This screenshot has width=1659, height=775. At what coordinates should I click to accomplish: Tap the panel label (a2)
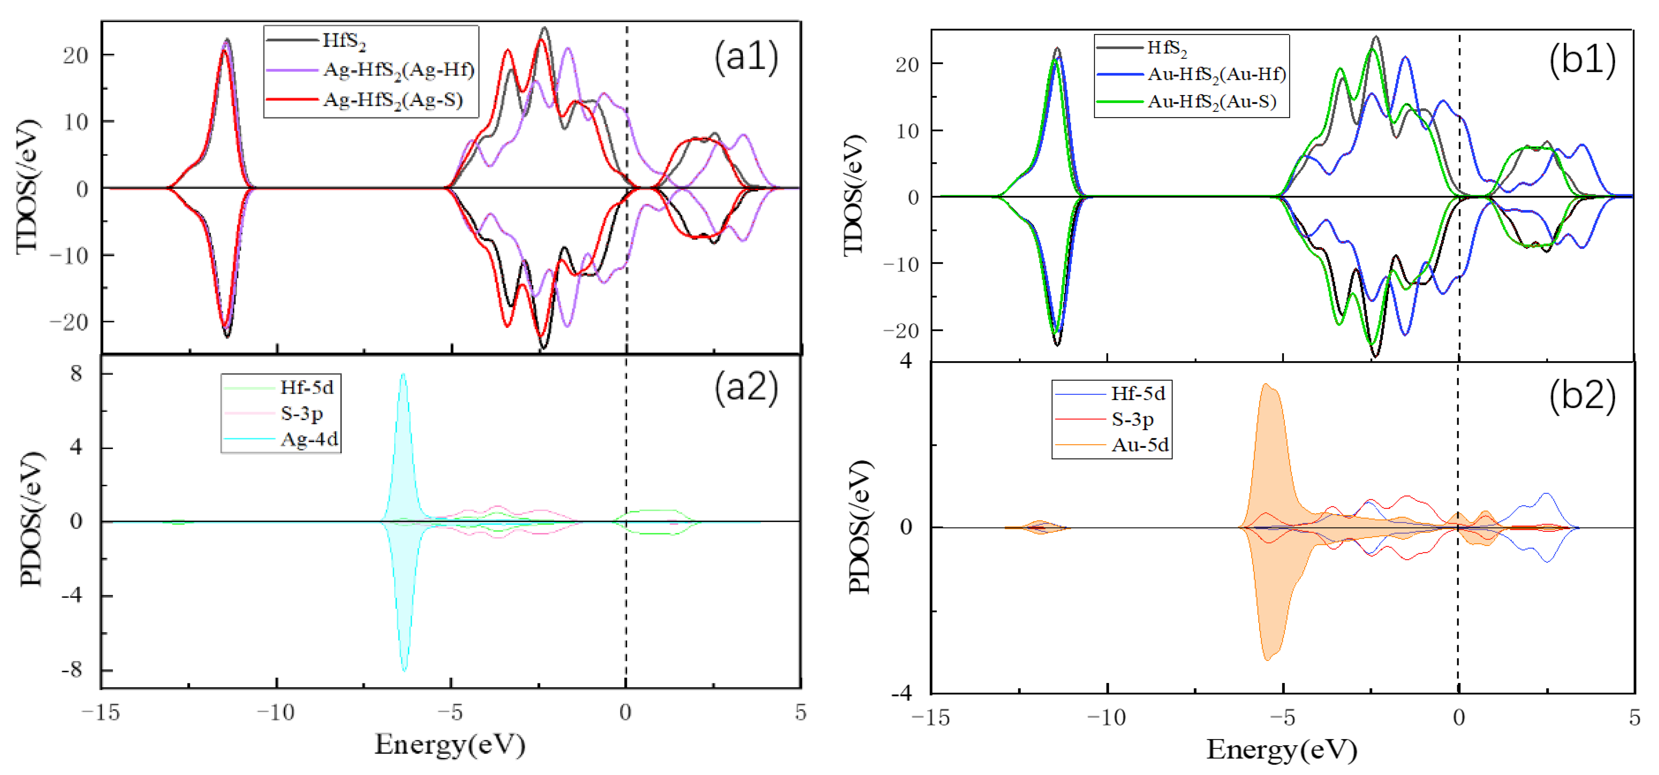pos(746,389)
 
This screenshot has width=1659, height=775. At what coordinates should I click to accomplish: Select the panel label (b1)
pos(1582,61)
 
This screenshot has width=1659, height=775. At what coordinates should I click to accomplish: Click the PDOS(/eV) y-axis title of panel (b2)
pos(860,526)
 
